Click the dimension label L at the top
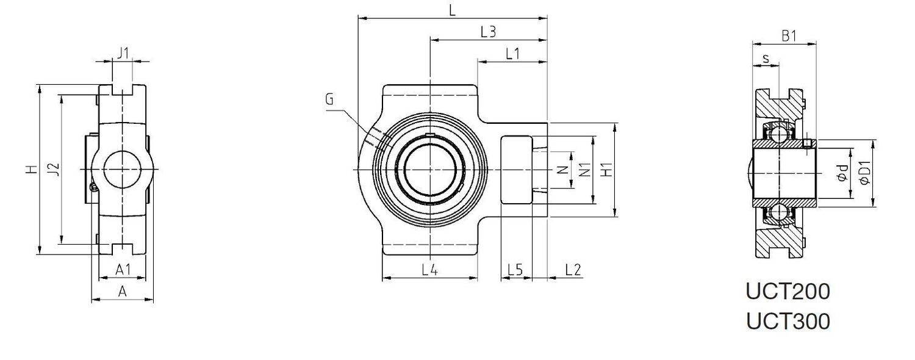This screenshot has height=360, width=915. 452,10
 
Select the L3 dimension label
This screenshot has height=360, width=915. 488,32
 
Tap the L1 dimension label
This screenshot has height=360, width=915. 512,54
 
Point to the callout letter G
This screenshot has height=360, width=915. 329,99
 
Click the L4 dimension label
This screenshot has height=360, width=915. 429,269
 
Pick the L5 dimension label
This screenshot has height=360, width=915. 515,269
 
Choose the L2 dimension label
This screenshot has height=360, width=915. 573,269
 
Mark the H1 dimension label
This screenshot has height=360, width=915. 607,170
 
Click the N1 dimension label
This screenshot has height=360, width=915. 584,170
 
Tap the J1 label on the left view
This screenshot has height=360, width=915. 123,53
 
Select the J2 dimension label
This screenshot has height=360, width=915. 54,169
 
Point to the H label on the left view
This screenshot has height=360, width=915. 32,169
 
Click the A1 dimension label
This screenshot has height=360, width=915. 123,269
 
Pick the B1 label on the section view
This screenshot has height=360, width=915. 789,36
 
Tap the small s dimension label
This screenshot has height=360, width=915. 766,59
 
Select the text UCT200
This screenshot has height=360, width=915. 788,292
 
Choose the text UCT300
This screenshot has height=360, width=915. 788,321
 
